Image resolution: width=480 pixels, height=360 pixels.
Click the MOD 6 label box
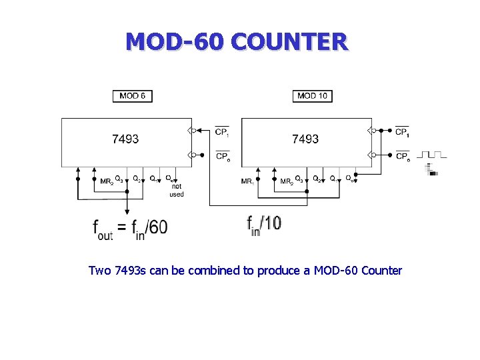(133, 96)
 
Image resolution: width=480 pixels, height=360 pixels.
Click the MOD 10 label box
(312, 96)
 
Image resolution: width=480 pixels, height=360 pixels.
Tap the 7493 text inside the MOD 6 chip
(125, 139)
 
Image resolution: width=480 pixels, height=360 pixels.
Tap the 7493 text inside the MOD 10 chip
(305, 139)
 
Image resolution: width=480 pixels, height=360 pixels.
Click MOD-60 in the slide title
(175, 42)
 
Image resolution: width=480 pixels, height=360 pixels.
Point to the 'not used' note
(176, 191)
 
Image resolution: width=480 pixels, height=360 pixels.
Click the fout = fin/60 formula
(130, 227)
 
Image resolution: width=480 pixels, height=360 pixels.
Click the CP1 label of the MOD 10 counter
(402, 132)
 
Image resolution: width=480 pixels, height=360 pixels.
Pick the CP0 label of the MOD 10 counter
(402, 157)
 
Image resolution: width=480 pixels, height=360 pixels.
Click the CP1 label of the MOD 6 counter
(222, 132)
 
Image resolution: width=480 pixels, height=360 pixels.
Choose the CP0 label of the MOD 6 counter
(223, 157)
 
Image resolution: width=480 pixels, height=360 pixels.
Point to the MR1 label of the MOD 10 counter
(247, 181)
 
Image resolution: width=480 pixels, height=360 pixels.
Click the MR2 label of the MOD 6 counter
(106, 181)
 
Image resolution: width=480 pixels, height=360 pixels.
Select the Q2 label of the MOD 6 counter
(136, 179)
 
